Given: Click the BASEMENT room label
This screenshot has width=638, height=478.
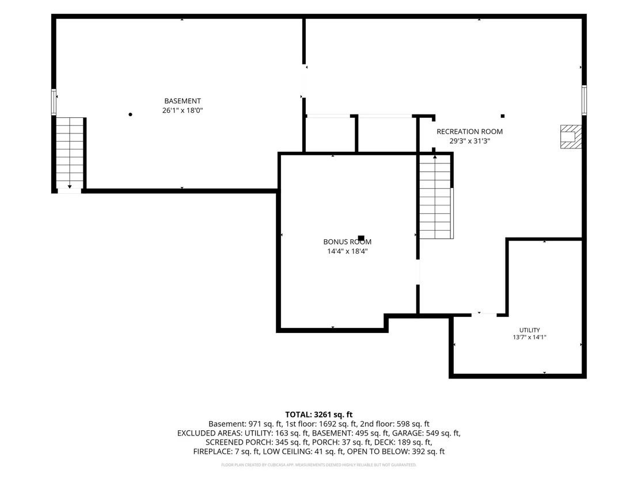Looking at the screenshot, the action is (183, 101).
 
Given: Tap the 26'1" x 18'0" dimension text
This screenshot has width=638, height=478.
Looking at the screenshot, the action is (183, 110).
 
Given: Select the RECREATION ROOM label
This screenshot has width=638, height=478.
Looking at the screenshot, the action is (469, 131).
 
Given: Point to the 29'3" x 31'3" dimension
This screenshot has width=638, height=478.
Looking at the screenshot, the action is (469, 141).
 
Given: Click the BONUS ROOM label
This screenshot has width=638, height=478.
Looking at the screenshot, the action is (347, 242).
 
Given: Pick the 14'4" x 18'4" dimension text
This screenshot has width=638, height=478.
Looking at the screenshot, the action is (347, 251).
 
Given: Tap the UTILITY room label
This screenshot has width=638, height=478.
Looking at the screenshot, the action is (529, 330).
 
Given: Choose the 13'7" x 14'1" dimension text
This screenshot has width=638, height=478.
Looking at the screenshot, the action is (529, 337).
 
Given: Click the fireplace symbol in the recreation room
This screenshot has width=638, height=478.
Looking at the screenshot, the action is (571, 136).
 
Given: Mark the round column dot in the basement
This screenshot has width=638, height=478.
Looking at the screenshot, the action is (130, 114).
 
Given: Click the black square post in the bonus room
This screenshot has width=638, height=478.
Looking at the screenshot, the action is (361, 238).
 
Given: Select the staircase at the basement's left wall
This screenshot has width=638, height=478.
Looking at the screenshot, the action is (70, 153).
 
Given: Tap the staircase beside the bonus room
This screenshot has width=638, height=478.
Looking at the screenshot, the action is (435, 197).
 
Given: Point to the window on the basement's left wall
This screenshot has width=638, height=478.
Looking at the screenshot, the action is (54, 102).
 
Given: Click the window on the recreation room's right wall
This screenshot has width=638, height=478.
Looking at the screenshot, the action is (584, 100).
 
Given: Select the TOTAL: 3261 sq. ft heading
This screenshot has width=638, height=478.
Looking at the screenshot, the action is (318, 415).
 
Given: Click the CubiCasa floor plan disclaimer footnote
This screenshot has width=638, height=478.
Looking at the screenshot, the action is (318, 465).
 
